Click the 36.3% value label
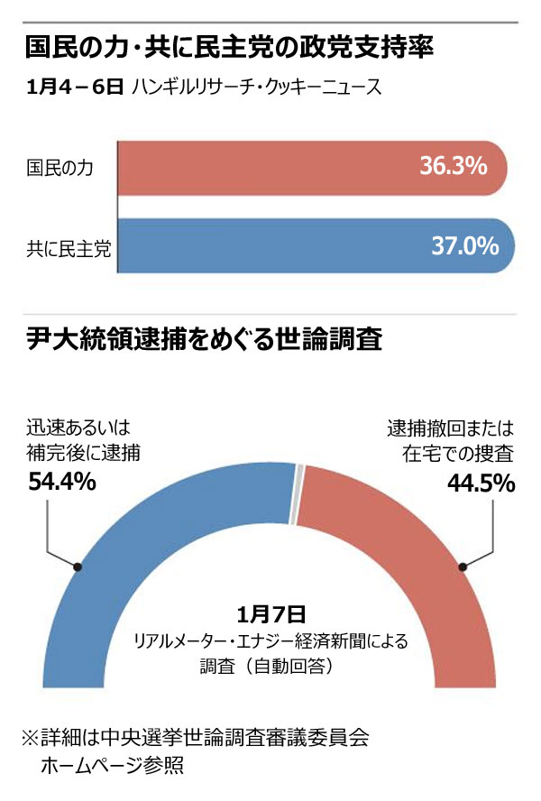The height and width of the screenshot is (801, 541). (453, 166)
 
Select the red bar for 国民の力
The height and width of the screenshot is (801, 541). (270, 167)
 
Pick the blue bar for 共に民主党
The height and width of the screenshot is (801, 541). (270, 245)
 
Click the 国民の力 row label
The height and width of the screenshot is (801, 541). (60, 168)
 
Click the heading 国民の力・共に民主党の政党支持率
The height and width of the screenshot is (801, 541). (229, 47)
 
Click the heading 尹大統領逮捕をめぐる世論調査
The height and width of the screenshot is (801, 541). (205, 340)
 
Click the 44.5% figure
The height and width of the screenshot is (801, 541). (481, 483)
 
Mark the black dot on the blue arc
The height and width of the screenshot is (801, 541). (78, 566)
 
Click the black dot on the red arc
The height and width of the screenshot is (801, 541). (463, 566)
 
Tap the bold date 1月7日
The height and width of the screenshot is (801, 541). (271, 615)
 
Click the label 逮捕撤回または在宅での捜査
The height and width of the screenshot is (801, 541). (450, 439)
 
